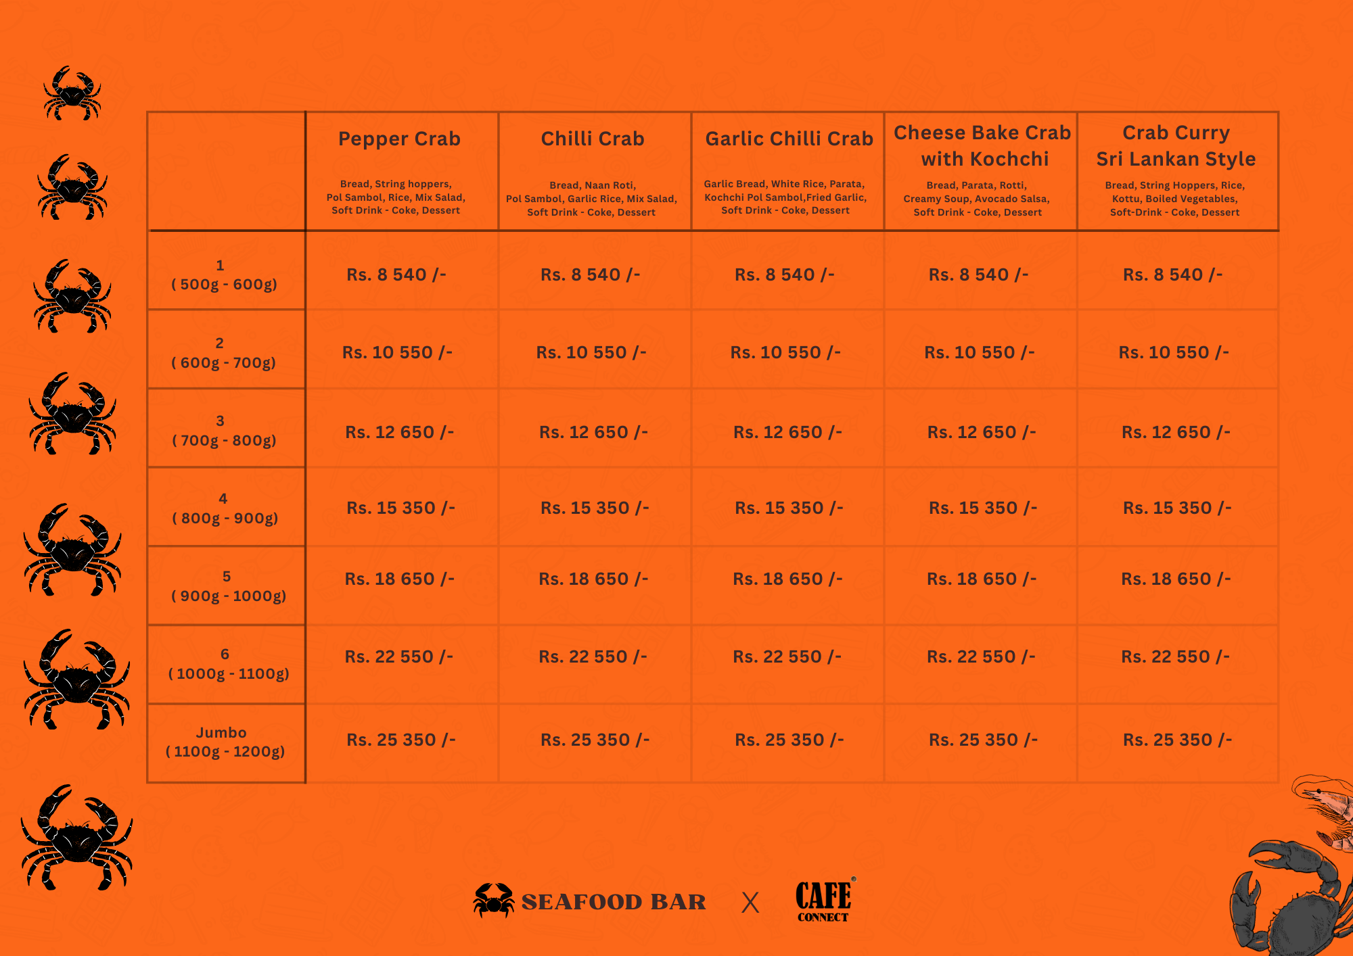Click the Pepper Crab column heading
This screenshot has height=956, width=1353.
(x=399, y=139)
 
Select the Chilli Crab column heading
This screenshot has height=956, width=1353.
(x=593, y=139)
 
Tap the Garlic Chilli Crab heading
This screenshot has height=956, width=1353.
(x=789, y=139)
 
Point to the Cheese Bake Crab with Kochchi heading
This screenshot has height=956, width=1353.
(x=982, y=146)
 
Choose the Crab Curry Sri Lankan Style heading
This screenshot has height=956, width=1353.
(x=1176, y=146)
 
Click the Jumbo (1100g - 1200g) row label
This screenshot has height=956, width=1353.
(x=224, y=742)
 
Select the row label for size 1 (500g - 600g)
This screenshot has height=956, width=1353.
(x=224, y=275)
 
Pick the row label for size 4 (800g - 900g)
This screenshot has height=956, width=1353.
(x=224, y=508)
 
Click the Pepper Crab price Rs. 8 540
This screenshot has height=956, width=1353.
(x=396, y=275)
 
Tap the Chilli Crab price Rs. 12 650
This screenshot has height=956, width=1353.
(x=593, y=432)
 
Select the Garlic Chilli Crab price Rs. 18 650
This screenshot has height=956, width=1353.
(x=787, y=579)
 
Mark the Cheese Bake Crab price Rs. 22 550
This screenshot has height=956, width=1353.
(x=981, y=657)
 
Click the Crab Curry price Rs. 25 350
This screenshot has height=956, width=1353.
(x=1177, y=740)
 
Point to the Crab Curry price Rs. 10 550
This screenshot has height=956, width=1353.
(x=1174, y=353)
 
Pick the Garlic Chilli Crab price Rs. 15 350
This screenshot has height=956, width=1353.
(x=789, y=508)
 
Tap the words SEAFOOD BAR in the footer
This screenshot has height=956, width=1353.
(x=614, y=903)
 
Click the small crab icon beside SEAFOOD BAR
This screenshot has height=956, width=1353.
(x=493, y=901)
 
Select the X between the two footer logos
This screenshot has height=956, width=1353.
(x=750, y=903)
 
